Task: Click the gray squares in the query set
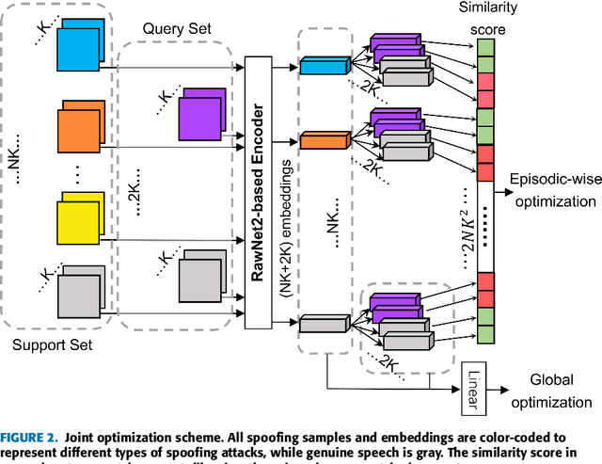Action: (201, 270)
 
